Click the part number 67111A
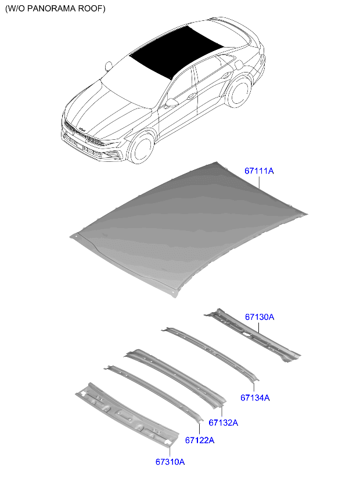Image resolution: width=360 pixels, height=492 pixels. coord(258,171)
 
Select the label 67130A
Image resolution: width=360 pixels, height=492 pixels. coord(259,317)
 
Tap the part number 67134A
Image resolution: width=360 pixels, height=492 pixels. coord(255,398)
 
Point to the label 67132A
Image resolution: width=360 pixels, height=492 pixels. coord(223,423)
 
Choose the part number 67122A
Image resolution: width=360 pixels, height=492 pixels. coord(200,440)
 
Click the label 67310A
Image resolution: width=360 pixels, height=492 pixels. coord(170,462)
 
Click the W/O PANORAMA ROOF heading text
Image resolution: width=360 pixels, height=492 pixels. coord(56,9)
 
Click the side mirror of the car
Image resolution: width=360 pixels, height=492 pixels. coord(171,103)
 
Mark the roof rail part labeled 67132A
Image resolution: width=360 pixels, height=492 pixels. coord(174,374)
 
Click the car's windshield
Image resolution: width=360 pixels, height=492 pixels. coord(131,78)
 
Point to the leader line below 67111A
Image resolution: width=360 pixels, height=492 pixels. coord(259,184)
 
